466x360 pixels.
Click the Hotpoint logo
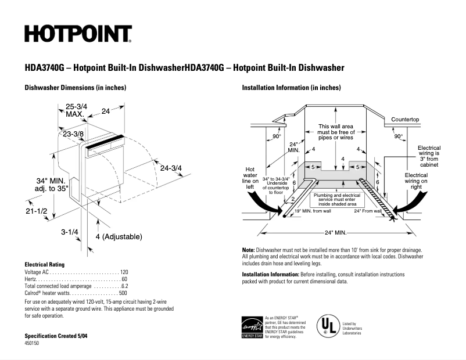tap(78, 34)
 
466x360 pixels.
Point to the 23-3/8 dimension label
tap(74, 134)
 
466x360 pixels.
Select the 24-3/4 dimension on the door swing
tap(171, 168)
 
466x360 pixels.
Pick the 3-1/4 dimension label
tap(70, 232)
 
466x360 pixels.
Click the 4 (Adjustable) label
tap(119, 236)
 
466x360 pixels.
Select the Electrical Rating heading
tap(45, 264)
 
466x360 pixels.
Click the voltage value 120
tap(123, 272)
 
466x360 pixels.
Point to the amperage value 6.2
tap(124, 286)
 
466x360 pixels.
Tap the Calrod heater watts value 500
tap(123, 294)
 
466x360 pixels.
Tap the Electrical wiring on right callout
tap(416, 181)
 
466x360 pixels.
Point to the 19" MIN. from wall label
tap(313, 211)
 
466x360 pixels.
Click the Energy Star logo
tap(252, 327)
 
